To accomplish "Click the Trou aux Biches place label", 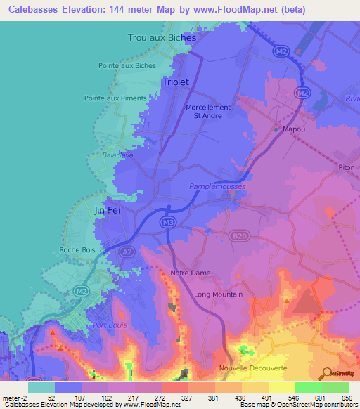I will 161,37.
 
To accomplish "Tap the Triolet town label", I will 176,82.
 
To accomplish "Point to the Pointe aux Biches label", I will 127,66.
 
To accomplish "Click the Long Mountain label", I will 219,294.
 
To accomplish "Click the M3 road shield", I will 167,223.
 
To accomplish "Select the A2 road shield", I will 127,251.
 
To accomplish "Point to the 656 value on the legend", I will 348,398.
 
